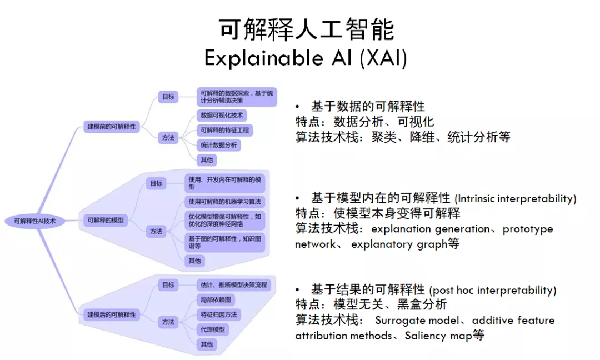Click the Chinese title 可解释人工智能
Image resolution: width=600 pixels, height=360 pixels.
point(306,30)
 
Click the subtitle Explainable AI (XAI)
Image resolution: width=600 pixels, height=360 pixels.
point(306,58)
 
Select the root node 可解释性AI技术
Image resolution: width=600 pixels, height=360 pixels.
point(35,221)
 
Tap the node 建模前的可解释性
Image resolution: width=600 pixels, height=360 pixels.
point(111,127)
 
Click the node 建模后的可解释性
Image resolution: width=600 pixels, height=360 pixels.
point(111,314)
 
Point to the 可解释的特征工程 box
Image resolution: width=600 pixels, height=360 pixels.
point(224,131)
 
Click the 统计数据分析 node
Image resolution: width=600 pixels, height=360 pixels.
point(219,145)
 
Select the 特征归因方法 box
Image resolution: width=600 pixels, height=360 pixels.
point(219,314)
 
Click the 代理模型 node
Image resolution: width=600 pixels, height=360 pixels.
point(213,329)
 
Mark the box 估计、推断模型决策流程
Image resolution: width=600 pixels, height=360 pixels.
point(233,284)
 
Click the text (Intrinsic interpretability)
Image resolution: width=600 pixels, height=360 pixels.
point(516,198)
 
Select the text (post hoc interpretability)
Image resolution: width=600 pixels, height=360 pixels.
point(493,290)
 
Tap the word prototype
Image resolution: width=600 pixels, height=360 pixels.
point(528,229)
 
